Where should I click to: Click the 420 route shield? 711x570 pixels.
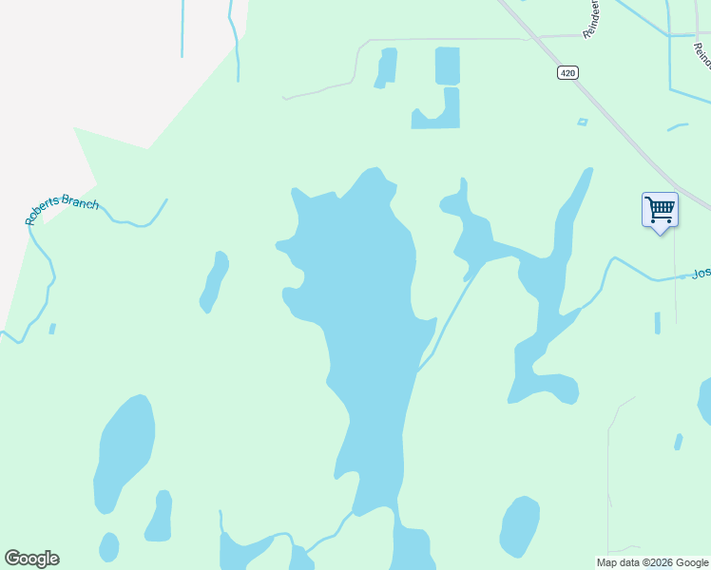coord(567,73)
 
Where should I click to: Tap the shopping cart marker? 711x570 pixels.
coord(659,209)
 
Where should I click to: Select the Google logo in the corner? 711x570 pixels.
coord(31,559)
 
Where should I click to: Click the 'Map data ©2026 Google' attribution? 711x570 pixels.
coord(653,562)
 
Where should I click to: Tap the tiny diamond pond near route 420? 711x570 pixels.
coord(582,122)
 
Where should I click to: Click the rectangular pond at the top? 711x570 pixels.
coord(447,66)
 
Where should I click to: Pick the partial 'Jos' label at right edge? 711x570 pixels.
coord(701,274)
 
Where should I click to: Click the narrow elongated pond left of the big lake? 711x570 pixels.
coord(215,282)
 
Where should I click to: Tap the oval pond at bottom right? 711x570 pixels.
coord(519,526)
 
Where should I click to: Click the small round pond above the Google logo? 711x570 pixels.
coord(109,546)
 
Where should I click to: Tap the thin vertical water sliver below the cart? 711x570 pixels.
coord(657,323)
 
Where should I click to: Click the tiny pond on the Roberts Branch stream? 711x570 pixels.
coord(52,329)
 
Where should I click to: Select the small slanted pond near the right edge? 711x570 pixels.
coord(678,442)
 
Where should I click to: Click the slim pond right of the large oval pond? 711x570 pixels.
coord(160,516)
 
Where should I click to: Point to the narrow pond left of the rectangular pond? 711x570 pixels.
coord(386,67)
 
